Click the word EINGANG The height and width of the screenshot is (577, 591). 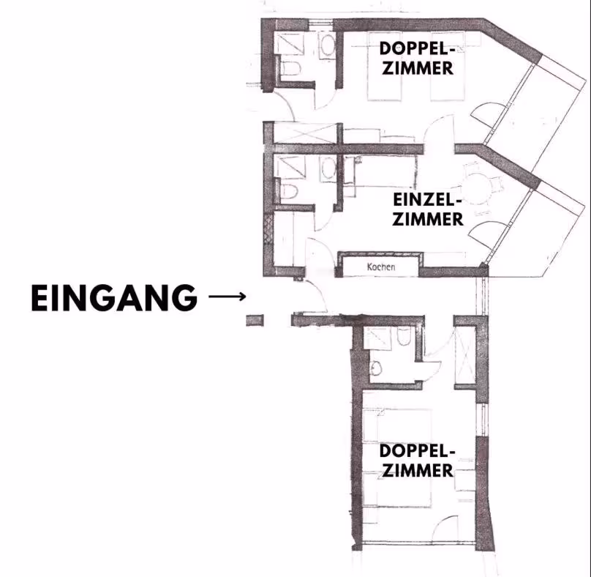(114, 298)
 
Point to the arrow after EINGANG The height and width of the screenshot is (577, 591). (227, 297)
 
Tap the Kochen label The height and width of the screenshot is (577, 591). (381, 267)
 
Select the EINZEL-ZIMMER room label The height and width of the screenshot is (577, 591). (427, 209)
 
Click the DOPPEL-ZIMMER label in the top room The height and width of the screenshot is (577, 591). (417, 58)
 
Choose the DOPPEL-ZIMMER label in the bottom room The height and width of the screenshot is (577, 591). (417, 461)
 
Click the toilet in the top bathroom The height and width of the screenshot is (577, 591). (291, 68)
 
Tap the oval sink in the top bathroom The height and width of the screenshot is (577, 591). (328, 45)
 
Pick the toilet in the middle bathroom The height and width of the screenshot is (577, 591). (290, 192)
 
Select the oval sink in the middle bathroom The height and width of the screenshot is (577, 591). (328, 168)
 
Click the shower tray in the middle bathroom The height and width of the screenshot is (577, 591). (290, 167)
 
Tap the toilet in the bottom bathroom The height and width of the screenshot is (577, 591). (404, 336)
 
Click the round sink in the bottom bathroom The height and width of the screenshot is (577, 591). (375, 368)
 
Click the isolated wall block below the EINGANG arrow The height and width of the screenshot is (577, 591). (255, 321)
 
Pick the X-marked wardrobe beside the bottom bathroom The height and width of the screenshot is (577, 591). (465, 356)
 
